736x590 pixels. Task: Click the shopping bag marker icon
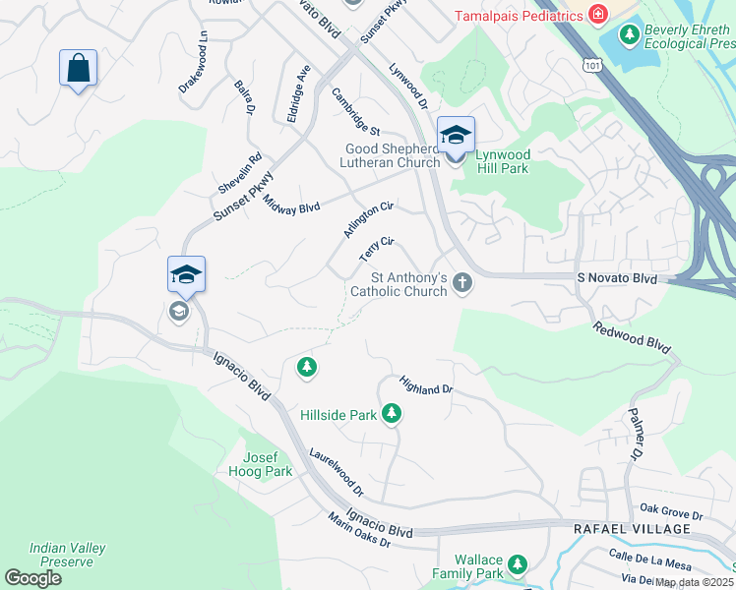(x=78, y=69)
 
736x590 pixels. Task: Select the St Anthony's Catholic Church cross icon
(x=461, y=284)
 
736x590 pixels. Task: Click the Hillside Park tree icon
(x=392, y=414)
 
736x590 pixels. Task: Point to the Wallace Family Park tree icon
(x=517, y=565)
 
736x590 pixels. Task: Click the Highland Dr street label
(x=426, y=383)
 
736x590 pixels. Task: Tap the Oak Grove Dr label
(x=671, y=512)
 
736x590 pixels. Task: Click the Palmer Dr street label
(x=635, y=436)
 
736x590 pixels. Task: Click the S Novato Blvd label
(x=616, y=279)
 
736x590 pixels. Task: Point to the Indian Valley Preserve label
(x=68, y=555)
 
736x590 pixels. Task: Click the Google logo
(x=32, y=578)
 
